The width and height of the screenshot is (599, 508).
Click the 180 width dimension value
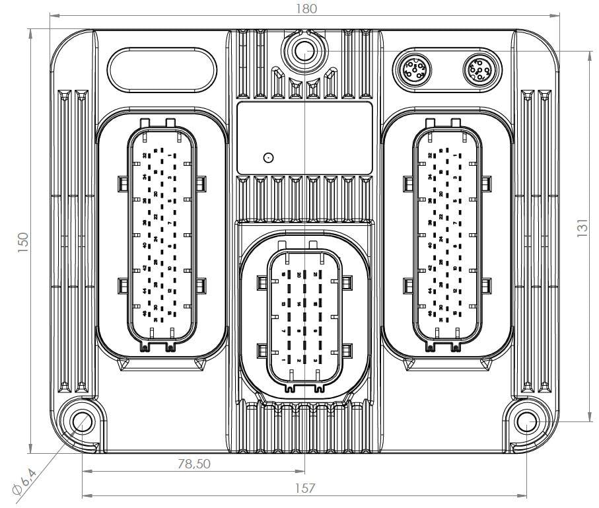click(306, 9)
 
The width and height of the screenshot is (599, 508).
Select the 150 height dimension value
click(22, 242)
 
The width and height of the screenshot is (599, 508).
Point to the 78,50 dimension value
click(194, 464)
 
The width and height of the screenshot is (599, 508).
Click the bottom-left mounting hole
click(82, 421)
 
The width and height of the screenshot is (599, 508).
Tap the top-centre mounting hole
click(304, 50)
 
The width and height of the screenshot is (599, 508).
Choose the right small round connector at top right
click(478, 68)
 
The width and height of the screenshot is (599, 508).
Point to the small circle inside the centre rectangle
click(268, 158)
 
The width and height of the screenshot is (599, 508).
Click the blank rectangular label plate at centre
click(304, 137)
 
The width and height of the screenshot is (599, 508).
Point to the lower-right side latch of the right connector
click(487, 285)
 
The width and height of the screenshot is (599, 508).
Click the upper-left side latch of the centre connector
click(260, 282)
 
